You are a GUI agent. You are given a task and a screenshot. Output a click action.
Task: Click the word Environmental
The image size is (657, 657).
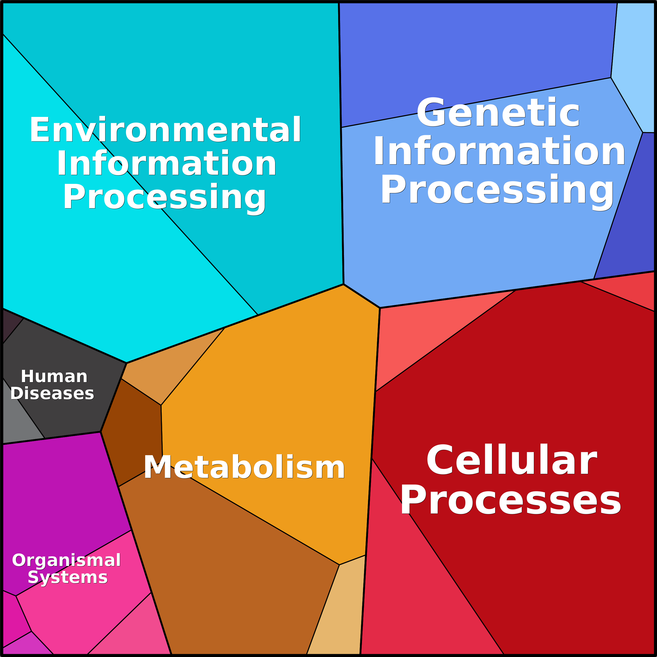165,129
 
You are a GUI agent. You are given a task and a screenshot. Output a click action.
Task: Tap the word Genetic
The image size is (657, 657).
498,112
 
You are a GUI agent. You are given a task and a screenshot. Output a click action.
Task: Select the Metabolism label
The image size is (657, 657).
244,468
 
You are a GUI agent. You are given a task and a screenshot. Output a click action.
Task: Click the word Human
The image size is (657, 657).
54,376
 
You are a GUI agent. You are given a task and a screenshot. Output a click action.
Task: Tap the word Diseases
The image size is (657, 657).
52,393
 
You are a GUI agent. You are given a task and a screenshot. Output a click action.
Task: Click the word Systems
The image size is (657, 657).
68,577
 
